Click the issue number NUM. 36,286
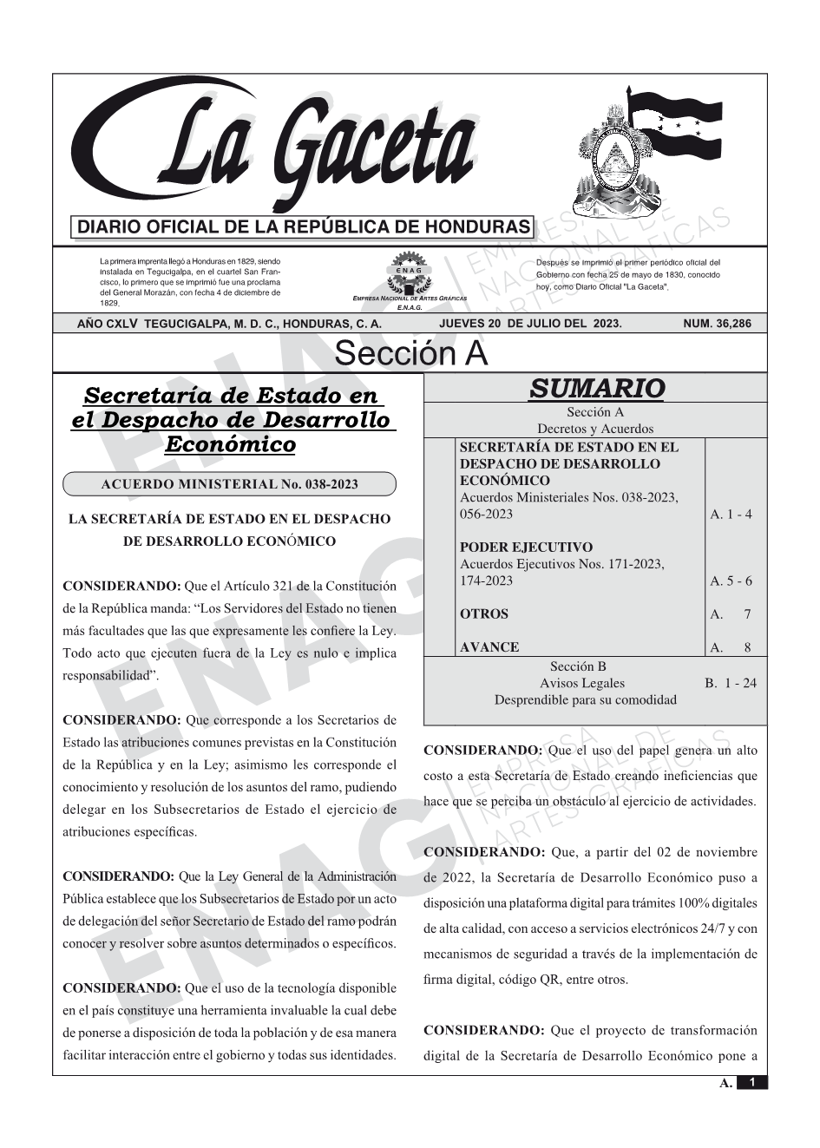[717, 324]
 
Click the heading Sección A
[410, 354]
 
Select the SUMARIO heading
[596, 388]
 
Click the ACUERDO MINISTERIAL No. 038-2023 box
[230, 484]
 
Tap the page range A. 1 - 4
[731, 515]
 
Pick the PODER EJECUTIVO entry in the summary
[527, 548]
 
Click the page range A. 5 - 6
[731, 581]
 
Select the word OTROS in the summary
[484, 614]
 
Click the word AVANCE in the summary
[489, 647]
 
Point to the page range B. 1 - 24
[730, 684]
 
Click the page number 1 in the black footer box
[752, 1082]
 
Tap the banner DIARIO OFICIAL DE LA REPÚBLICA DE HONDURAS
[304, 227]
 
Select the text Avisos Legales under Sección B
[582, 684]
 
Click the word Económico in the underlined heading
[230, 445]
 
